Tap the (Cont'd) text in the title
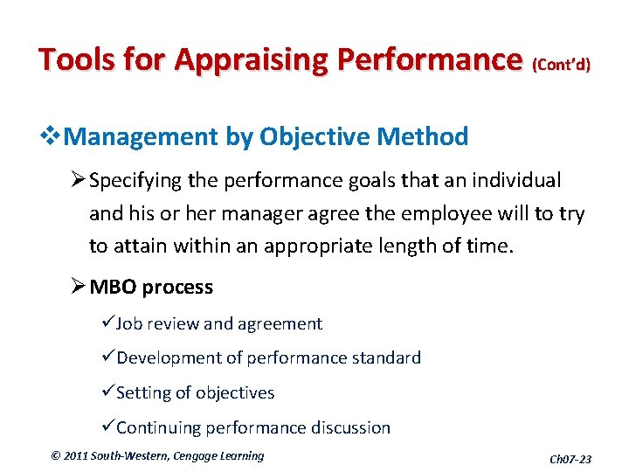tap(561, 64)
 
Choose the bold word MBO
tap(112, 287)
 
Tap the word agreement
tap(279, 324)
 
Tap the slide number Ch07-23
tap(570, 459)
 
